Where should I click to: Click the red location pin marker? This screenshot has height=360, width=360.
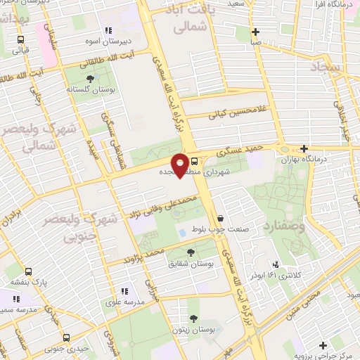tap(181, 165)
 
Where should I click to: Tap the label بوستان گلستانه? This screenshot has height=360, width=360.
tap(86, 90)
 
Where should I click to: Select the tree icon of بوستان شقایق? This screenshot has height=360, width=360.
tap(191, 252)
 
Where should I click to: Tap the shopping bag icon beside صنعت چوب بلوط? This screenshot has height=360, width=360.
tap(221, 218)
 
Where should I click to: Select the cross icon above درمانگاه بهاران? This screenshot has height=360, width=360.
tap(304, 148)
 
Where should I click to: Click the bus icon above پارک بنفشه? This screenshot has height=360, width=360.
tap(28, 271)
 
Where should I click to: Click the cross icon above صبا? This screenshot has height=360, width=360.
tap(255, 32)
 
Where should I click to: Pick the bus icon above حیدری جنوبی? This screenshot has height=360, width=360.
tap(67, 337)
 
